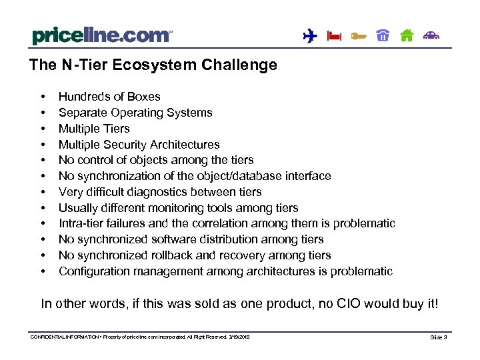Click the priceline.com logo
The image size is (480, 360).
101,35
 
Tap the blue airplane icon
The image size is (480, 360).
309,36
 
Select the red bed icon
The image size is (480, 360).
334,37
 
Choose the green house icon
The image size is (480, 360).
407,36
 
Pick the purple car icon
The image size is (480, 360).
432,36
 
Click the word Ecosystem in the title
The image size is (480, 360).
139,65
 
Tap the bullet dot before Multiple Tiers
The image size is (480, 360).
43,129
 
